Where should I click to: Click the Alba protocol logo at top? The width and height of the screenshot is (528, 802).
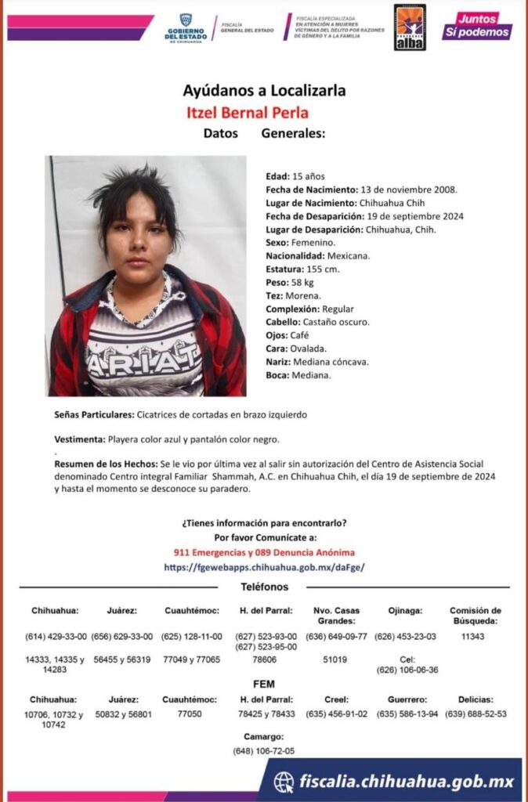[409, 27]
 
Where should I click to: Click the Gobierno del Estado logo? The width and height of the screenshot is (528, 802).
[186, 28]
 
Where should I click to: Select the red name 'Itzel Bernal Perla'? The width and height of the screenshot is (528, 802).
[248, 112]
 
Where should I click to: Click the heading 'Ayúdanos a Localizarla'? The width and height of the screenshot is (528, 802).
[264, 91]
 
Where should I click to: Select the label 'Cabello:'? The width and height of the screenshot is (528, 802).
[284, 322]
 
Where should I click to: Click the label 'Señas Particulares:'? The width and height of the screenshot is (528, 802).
[94, 414]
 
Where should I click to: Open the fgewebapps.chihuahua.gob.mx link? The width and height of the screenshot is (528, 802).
[264, 566]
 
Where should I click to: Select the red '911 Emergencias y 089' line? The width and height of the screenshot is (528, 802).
[264, 552]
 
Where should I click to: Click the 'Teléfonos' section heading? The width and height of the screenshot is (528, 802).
[264, 587]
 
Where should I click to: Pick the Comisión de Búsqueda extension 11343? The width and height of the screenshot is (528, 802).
[474, 637]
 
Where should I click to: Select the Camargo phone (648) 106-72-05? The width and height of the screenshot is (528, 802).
[263, 750]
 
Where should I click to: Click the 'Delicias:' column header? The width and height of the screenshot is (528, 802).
[476, 699]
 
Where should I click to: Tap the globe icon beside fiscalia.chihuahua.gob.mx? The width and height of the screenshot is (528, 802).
[284, 782]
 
